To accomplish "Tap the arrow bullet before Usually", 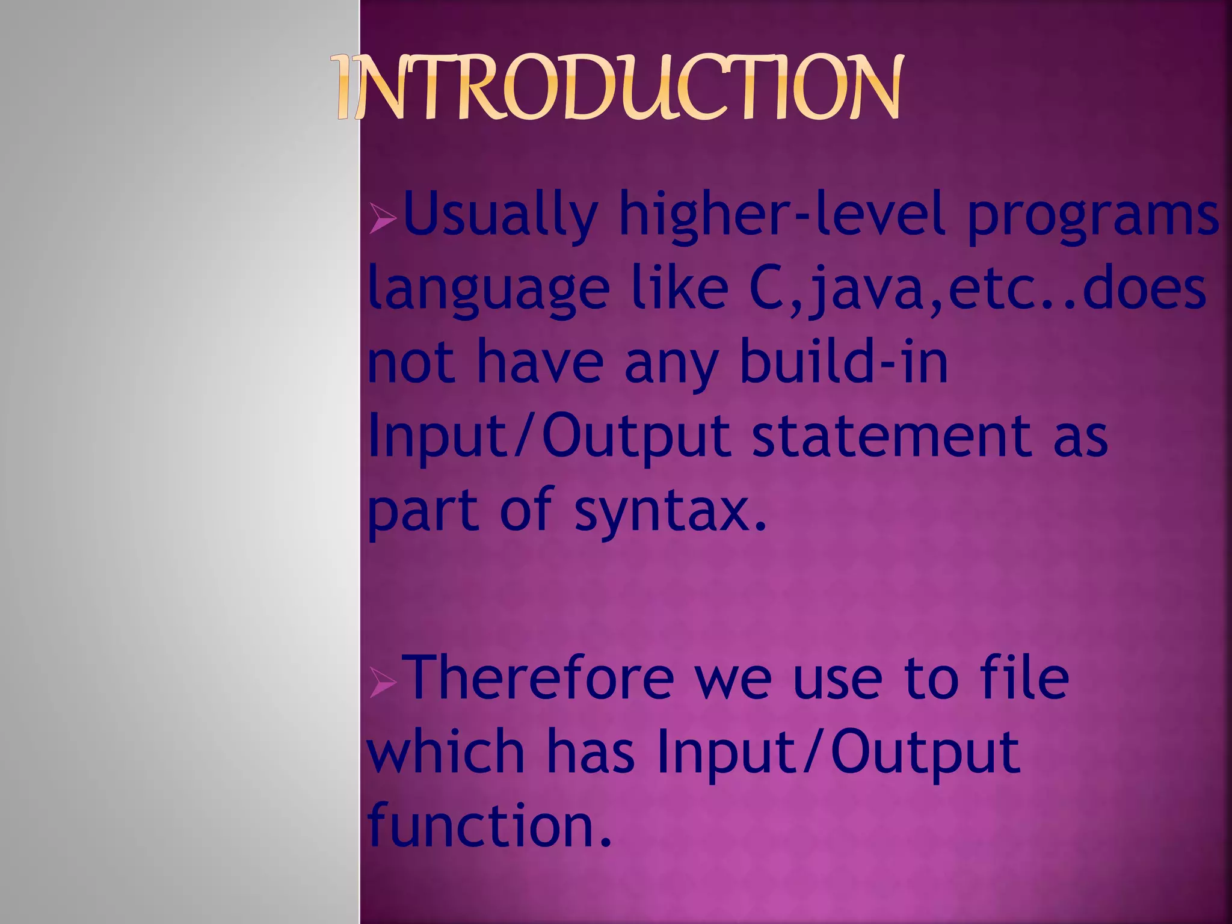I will tap(383, 218).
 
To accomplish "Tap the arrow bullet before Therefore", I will tap(383, 683).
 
